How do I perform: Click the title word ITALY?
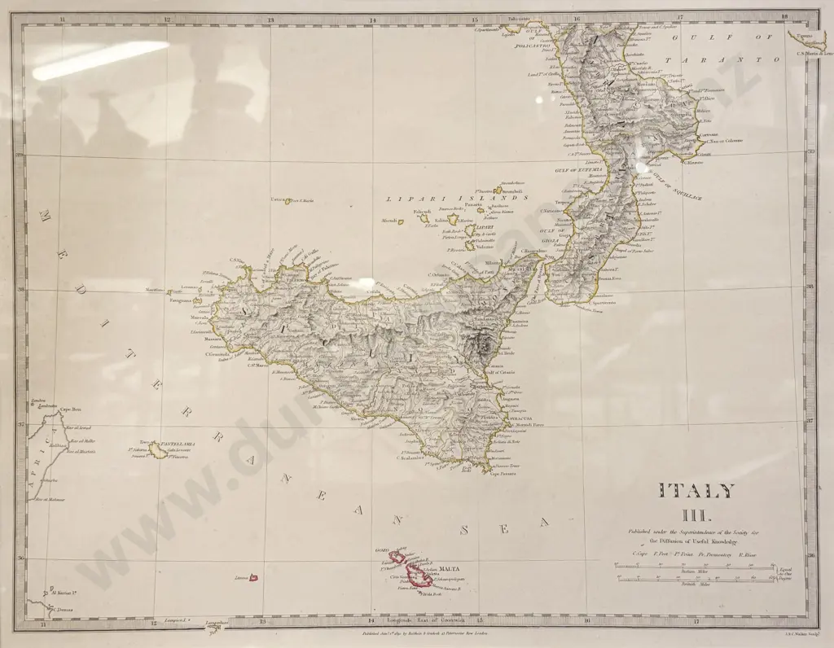[x=696, y=491]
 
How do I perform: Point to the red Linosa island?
[x=252, y=578]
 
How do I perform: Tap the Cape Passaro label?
[x=503, y=474]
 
